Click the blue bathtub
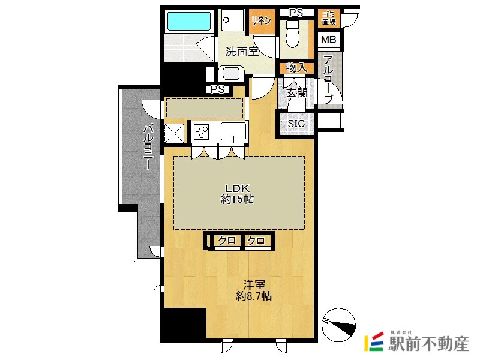pos(189,21)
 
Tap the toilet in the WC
pos(292,34)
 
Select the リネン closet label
pos(261,20)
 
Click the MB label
pos(328,40)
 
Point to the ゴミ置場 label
pos(328,18)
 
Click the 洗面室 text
pos(242,52)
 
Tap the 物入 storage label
pos(296,68)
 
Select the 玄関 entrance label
pos(296,93)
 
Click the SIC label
pos(296,124)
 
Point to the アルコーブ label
pos(328,79)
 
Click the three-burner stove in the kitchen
pos(202,131)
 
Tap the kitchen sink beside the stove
pos(233,131)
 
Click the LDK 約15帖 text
pos(237,194)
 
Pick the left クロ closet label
pos(227,241)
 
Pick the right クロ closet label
pos(256,241)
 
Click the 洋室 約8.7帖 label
pos(254,290)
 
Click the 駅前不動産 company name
pos(428,344)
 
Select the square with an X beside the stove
pos(175,133)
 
